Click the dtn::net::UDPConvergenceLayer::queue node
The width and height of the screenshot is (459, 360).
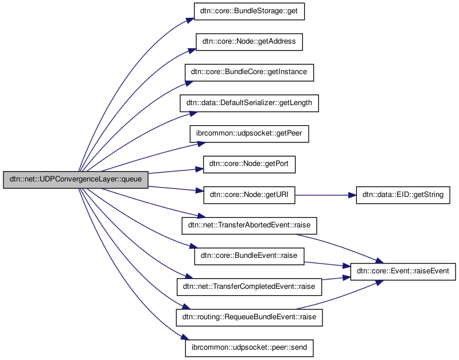pyautogui.click(x=76, y=180)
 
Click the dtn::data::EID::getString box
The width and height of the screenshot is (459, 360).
pyautogui.click(x=403, y=195)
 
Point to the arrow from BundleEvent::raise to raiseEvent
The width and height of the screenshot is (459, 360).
pyautogui.click(x=324, y=264)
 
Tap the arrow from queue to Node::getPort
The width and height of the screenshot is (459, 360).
pyautogui.click(x=175, y=171)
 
